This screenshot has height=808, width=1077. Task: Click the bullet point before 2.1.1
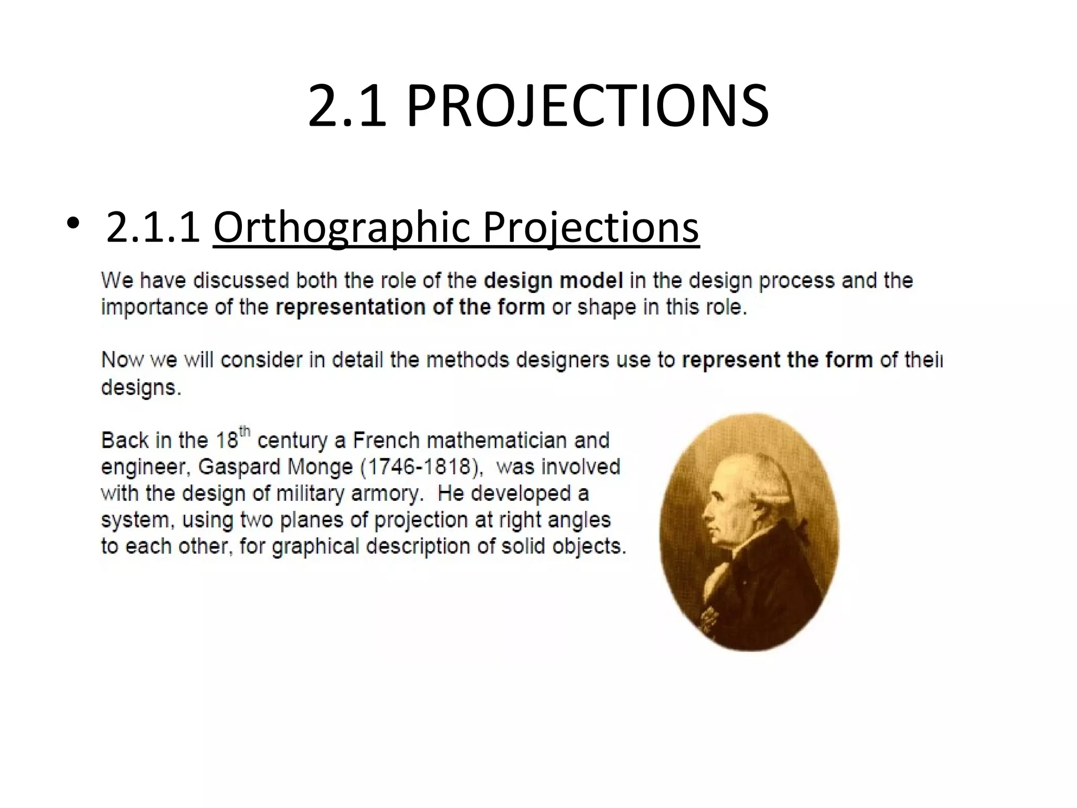[x=73, y=225]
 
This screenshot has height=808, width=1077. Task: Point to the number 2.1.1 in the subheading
[x=153, y=227]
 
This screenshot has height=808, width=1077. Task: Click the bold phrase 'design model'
[x=553, y=280]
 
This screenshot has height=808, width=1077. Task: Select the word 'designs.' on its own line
[x=141, y=388]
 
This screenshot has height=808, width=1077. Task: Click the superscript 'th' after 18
[x=245, y=432]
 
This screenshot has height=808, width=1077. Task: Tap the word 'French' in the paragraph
[x=387, y=440]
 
